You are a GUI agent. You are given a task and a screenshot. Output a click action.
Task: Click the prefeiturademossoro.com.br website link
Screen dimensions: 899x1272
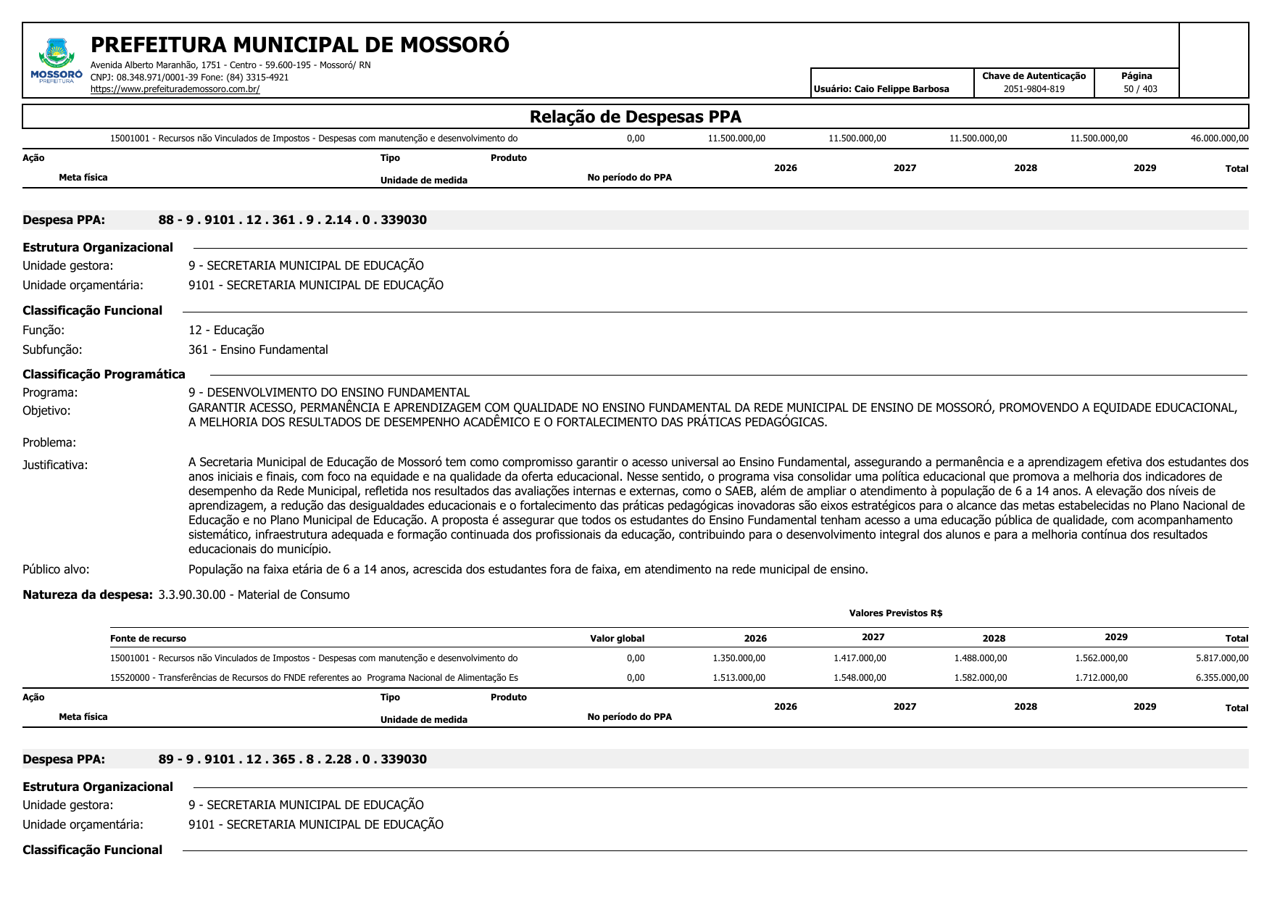[x=175, y=89]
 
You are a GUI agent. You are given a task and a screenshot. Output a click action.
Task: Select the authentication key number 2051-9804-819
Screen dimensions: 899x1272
[x=1034, y=89]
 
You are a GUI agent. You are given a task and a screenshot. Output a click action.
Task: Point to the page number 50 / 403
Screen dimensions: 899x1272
[x=1140, y=89]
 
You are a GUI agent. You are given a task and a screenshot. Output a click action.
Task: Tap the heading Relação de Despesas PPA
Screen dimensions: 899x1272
[x=635, y=117]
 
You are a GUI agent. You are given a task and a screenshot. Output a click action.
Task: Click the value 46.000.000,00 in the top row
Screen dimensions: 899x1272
[x=1219, y=138]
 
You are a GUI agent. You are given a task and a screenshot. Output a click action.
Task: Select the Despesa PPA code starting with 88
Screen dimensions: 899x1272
[x=292, y=220]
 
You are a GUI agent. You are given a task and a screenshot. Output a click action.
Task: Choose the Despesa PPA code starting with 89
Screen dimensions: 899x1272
[x=292, y=760]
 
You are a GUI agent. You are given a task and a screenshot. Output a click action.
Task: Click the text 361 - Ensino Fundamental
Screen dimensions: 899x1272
[x=258, y=350]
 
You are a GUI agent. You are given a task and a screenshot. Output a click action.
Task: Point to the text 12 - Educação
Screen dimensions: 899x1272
[x=226, y=331]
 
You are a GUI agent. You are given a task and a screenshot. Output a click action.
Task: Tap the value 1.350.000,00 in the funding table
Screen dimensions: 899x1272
[x=739, y=658]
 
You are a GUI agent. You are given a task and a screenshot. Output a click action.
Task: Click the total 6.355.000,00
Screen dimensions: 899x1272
[x=1222, y=678]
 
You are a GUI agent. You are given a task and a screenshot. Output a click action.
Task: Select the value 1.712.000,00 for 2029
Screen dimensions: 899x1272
[x=1101, y=678]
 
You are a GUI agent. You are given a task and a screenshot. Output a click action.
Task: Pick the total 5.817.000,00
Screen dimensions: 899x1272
[x=1222, y=658]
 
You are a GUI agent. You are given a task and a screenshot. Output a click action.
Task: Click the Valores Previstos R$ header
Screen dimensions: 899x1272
[x=895, y=613]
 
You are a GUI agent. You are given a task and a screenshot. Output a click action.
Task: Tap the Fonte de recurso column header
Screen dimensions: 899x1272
[x=148, y=639]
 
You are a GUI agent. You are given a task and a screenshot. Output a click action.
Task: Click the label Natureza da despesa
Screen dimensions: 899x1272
[x=88, y=595]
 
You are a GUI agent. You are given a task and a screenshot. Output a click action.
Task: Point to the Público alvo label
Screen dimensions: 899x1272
[x=56, y=570]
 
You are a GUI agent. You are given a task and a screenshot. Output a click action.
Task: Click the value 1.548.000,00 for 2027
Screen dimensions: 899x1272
[x=860, y=678]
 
